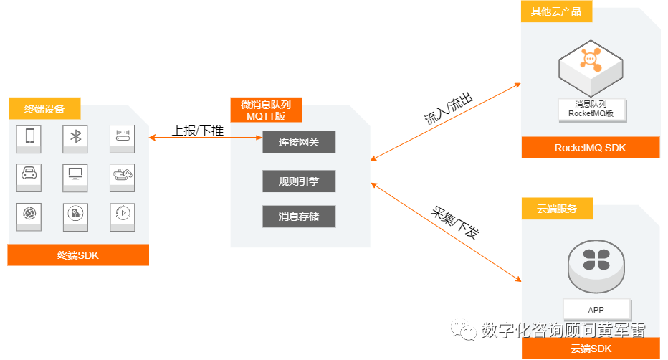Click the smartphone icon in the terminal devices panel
tap(29, 136)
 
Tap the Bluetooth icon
tap(75, 136)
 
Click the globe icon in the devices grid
tap(29, 214)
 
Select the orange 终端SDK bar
tap(78, 255)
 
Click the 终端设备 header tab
tap(44, 109)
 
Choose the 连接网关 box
tap(299, 142)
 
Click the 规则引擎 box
tap(299, 181)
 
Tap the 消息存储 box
tap(299, 217)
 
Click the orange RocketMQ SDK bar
tap(590, 148)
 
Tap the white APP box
tap(596, 310)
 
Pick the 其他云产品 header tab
tap(555, 11)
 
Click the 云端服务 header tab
tap(555, 209)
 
